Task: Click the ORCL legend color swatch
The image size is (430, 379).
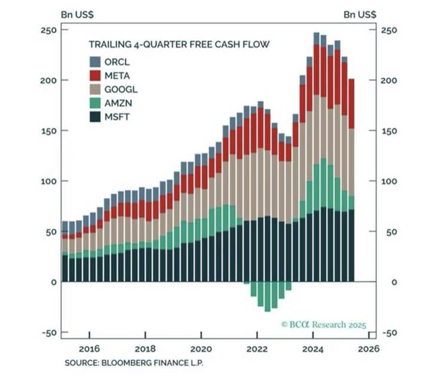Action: click(x=94, y=61)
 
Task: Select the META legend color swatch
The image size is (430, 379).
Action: click(x=94, y=75)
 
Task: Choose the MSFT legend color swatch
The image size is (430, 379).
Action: click(x=94, y=116)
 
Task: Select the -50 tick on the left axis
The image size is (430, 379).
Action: click(x=49, y=333)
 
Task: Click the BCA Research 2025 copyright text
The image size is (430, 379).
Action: click(x=324, y=325)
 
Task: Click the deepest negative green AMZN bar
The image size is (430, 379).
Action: click(x=267, y=296)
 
